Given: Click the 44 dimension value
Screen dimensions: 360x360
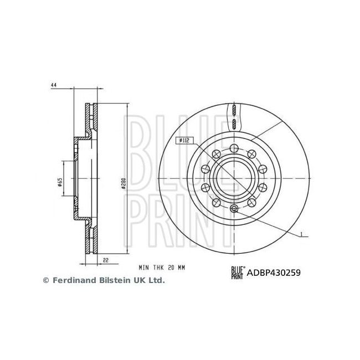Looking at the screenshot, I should tap(54, 85).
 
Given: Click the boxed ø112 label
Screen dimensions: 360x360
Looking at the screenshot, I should tap(184, 141).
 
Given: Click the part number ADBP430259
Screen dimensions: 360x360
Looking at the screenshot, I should tap(273, 272).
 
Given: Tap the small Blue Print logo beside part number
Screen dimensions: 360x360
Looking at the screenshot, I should tap(236, 272).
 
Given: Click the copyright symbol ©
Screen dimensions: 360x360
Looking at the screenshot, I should tap(46, 281).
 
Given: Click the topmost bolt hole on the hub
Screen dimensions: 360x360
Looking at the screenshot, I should tap(234, 147).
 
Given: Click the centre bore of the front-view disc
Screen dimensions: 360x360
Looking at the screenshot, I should tap(234, 178).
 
